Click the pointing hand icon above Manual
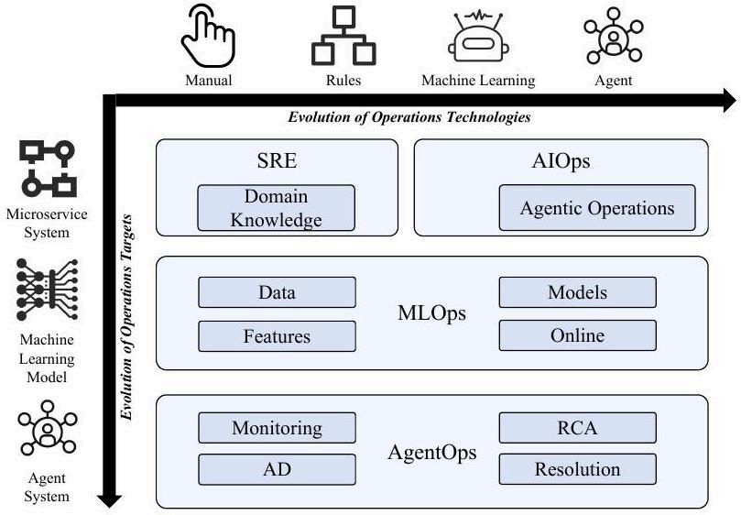[x=208, y=36]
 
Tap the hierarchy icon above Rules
[x=343, y=36]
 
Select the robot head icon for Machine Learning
[x=478, y=37]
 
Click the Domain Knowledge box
[x=276, y=208]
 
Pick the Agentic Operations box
[x=597, y=208]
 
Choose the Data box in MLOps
[x=277, y=292]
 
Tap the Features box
[x=277, y=336]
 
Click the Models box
[x=577, y=292]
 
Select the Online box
[x=577, y=335]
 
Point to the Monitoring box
[x=277, y=428]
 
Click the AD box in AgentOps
[x=277, y=469]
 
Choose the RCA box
[x=577, y=428]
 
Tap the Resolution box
[x=577, y=469]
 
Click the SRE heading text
[x=277, y=160]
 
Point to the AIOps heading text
[x=561, y=161]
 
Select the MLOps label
[x=432, y=313]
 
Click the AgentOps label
[x=432, y=453]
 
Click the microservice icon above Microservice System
[x=48, y=169]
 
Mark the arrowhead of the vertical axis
[x=109, y=501]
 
